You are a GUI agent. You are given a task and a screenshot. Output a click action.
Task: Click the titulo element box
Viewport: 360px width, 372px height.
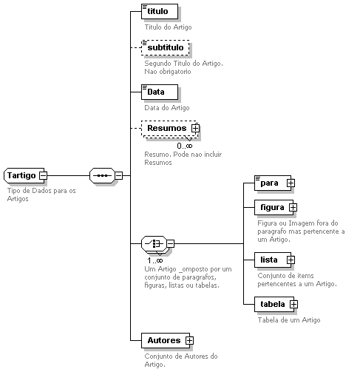click(160, 11)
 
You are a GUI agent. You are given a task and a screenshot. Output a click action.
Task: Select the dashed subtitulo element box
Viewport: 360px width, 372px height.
click(166, 47)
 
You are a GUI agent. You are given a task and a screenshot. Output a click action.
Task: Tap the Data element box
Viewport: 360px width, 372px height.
click(160, 92)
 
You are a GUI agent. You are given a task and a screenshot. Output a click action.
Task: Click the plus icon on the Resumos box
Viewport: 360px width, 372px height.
click(195, 128)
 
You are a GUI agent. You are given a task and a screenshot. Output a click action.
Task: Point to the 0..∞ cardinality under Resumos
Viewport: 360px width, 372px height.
click(185, 146)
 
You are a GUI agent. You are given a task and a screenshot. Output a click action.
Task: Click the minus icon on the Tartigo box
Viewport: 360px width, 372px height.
click(44, 175)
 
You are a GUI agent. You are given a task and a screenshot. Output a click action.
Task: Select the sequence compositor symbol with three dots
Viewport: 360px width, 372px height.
click(102, 176)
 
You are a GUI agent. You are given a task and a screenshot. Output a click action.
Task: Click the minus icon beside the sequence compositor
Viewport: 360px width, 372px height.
click(119, 176)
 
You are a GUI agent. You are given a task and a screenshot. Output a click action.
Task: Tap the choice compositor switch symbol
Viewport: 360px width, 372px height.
click(154, 244)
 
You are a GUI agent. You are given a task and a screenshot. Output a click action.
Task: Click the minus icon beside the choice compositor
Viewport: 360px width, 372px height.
click(171, 244)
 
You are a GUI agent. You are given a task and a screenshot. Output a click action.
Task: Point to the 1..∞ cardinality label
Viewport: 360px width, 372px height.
click(155, 260)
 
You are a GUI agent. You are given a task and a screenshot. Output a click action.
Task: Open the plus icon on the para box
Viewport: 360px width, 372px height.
click(291, 183)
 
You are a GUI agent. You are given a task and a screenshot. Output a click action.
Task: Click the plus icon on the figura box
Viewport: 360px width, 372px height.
click(293, 208)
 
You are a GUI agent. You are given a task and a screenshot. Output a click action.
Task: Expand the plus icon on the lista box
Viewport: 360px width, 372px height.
click(291, 260)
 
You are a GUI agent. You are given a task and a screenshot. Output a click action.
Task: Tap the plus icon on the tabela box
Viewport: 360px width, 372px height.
click(293, 305)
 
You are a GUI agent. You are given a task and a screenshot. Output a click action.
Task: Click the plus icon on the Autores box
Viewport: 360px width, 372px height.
click(189, 341)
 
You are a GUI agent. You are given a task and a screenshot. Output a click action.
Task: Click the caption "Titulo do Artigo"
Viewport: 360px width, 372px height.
click(168, 27)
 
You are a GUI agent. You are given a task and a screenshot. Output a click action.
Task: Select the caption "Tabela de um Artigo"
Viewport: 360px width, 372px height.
click(289, 320)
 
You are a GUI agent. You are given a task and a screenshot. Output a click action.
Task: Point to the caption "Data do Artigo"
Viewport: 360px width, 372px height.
click(167, 108)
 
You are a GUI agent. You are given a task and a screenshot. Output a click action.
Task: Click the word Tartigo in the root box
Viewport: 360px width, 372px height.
click(21, 175)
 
